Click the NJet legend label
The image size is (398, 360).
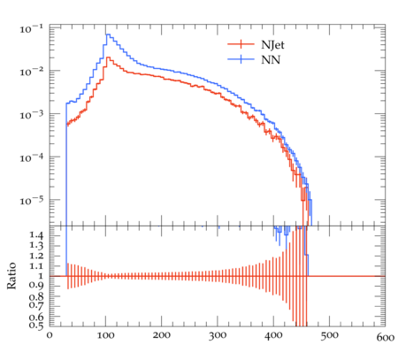pyautogui.click(x=272, y=45)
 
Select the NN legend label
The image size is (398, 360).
pyautogui.click(x=271, y=60)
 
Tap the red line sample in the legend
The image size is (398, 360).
pyautogui.click(x=241, y=44)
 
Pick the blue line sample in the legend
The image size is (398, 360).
pyautogui.click(x=241, y=59)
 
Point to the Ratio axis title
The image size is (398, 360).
pyautogui.click(x=11, y=276)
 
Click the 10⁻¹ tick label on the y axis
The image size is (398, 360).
pyautogui.click(x=31, y=29)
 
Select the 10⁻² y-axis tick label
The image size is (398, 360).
pyautogui.click(x=31, y=72)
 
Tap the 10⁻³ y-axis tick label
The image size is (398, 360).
pyautogui.click(x=31, y=115)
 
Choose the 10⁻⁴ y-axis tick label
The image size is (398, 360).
pyautogui.click(x=31, y=157)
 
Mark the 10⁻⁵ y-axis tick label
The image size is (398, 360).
pyautogui.click(x=31, y=201)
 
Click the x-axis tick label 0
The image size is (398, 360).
pyautogui.click(x=50, y=335)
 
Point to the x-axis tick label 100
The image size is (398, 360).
pyautogui.click(x=105, y=335)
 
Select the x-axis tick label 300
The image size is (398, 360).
pyautogui.click(x=218, y=335)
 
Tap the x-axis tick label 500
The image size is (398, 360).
pyautogui.click(x=329, y=335)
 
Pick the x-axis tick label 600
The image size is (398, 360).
pyautogui.click(x=386, y=337)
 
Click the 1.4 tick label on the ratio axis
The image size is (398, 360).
pyautogui.click(x=36, y=235)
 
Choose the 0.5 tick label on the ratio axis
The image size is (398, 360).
pyautogui.click(x=36, y=325)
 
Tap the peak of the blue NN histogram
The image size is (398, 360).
pyautogui.click(x=108, y=34)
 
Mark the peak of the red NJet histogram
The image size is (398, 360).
pyautogui.click(x=108, y=57)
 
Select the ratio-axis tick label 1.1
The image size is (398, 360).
pyautogui.click(x=36, y=266)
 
